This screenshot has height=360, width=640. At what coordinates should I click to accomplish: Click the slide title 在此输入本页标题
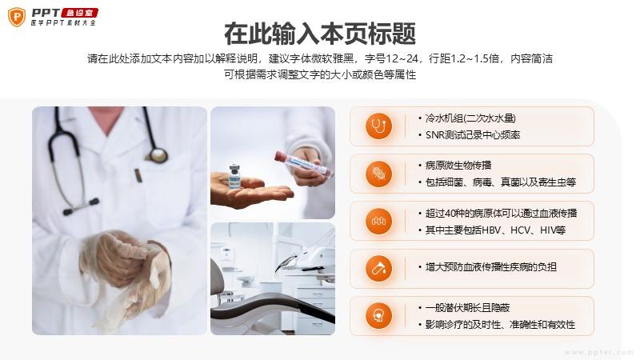coord(320,34)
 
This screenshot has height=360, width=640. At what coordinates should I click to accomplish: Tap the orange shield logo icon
coord(17,17)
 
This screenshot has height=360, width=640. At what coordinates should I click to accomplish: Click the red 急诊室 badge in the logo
coord(79,13)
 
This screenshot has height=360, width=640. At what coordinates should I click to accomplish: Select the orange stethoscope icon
coord(378,126)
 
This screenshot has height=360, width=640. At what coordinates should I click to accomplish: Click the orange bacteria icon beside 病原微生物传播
coord(378,174)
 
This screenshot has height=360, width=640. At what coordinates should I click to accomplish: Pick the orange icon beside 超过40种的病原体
coord(378,222)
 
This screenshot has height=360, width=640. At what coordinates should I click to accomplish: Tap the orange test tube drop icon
coord(378,269)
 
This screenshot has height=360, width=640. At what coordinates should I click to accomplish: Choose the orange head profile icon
coord(378,316)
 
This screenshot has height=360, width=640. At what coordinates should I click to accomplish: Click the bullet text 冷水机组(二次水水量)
coord(470,118)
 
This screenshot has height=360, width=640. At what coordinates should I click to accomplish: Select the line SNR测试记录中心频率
coord(473,135)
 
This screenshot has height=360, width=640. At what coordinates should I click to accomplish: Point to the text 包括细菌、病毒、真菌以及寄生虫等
coord(501,182)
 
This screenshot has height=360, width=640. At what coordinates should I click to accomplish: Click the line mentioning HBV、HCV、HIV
coord(495,230)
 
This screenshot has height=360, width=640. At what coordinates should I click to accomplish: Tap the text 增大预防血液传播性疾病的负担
coord(491,267)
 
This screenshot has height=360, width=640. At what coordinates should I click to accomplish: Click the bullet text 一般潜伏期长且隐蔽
coord(467,308)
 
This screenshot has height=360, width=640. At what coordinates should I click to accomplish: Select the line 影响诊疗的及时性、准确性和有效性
coord(500,325)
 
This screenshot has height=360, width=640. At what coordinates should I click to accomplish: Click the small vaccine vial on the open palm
coord(234,176)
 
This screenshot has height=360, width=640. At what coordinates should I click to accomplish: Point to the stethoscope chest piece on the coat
coord(157,154)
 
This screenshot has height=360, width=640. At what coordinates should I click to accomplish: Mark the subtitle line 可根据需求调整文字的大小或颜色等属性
coord(320,74)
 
